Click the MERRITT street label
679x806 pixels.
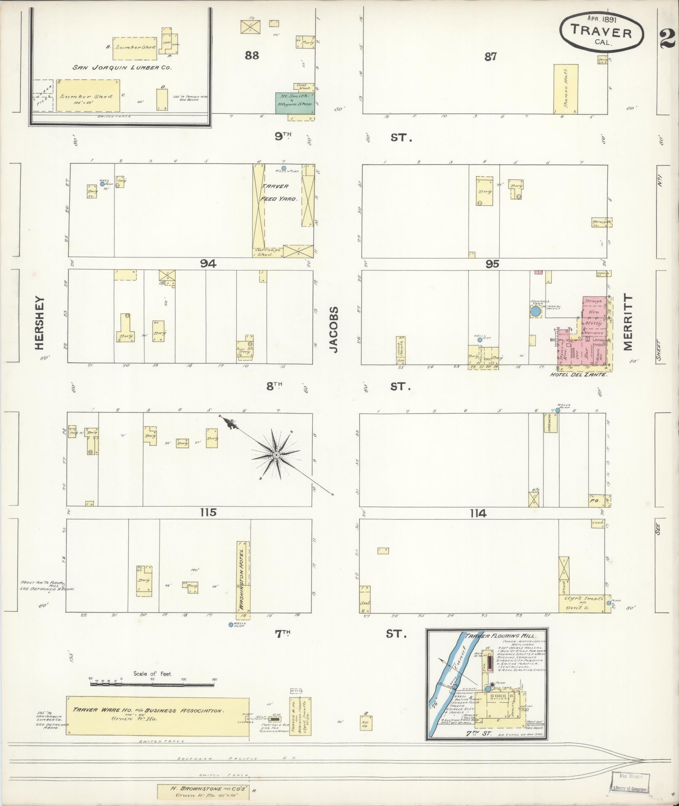[x=628, y=322]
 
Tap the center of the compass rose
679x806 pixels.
[x=276, y=455]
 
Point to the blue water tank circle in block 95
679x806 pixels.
[x=535, y=311]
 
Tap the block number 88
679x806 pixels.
[x=252, y=55]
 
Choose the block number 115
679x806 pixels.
[x=208, y=512]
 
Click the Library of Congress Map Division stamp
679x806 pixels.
[x=629, y=783]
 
